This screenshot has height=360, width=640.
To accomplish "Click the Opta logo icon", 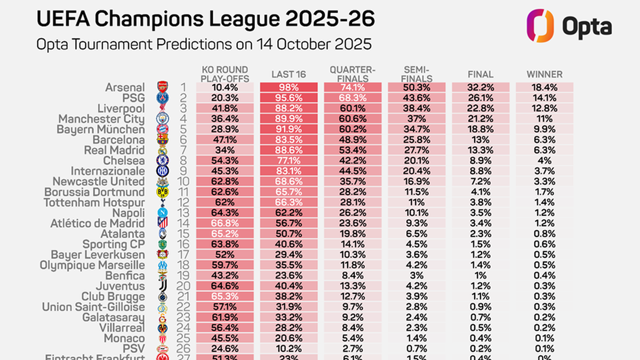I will click(x=540, y=25).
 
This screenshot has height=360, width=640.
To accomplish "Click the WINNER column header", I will click(x=544, y=75).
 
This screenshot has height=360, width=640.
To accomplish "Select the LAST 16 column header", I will click(x=289, y=75).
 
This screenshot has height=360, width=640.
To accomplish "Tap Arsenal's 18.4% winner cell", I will click(x=544, y=87).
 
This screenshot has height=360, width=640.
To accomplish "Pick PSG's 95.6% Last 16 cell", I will click(x=289, y=98).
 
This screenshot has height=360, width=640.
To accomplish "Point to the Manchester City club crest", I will click(x=163, y=119).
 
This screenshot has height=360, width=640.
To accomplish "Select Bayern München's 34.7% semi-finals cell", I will click(x=417, y=129).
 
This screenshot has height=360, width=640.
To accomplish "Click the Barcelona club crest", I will click(x=163, y=140).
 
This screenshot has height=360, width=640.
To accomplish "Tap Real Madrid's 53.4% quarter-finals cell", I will click(x=353, y=150).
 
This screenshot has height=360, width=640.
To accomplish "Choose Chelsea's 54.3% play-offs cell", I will click(x=225, y=161).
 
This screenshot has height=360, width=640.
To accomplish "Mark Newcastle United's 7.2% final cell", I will click(x=480, y=181).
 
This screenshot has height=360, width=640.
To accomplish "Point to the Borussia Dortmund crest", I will click(x=163, y=192).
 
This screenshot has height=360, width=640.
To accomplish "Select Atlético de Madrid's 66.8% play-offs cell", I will click(x=225, y=223).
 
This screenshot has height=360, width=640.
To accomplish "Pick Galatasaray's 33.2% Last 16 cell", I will click(x=289, y=317).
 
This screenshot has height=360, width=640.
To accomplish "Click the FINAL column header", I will click(x=480, y=75).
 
